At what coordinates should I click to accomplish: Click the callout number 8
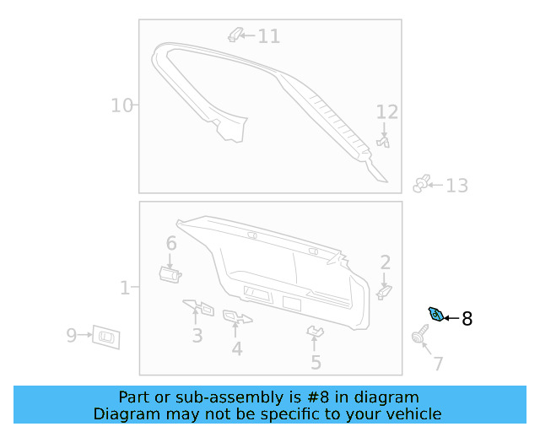467,319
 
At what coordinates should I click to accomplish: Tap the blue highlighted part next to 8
436,315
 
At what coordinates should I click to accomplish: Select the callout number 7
438,364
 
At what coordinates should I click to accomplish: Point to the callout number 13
456,186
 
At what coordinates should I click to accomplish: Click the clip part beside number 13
422,183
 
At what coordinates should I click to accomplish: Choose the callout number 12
386,112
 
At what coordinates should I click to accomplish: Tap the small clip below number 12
385,143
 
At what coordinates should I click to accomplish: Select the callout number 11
268,36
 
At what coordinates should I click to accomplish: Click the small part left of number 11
236,35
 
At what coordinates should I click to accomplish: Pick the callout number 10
122,105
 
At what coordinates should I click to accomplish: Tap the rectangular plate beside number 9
106,337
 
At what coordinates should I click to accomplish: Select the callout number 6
171,244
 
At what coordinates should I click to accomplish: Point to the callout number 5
316,363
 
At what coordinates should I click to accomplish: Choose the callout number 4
237,348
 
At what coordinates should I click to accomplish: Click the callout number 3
197,336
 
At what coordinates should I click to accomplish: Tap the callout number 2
385,262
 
